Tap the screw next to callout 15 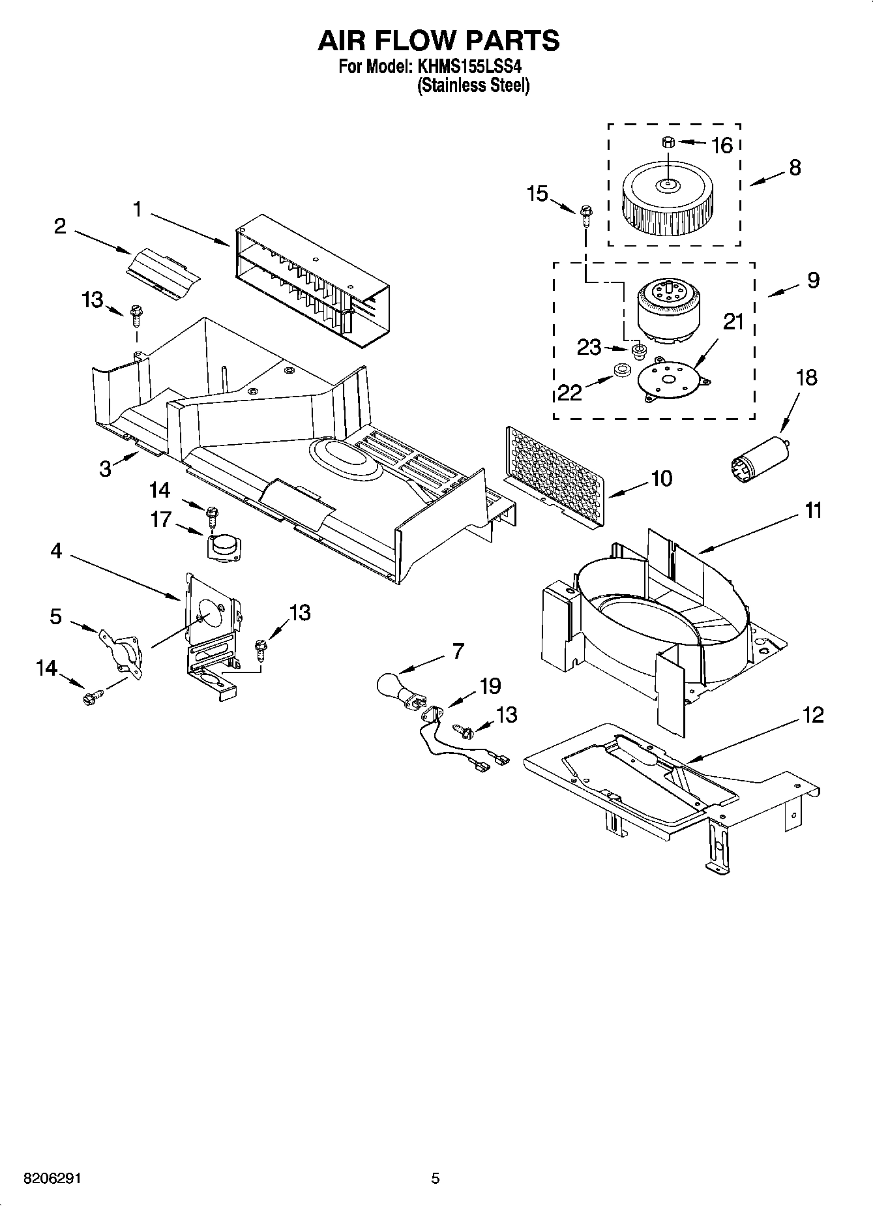585,214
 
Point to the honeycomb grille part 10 555,475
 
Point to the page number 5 436,1179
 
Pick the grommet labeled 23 639,352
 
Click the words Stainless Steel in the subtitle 473,85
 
